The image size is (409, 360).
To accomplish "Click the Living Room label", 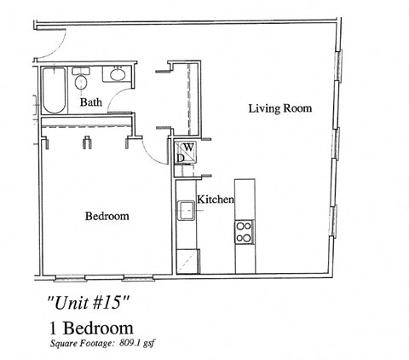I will tap(279, 109).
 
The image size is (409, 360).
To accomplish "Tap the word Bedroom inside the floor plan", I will tap(107, 217).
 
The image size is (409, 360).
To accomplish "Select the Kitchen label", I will tap(216, 200).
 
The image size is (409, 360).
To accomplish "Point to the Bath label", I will tap(91, 103).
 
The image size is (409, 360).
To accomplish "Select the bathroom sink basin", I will tap(117, 76).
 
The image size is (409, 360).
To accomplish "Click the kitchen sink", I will tap(186, 210).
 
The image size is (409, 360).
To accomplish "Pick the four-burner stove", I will tap(244, 232).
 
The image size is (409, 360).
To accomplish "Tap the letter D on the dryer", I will tap(180, 157).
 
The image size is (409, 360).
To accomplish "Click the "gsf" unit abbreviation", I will tap(153, 345).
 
